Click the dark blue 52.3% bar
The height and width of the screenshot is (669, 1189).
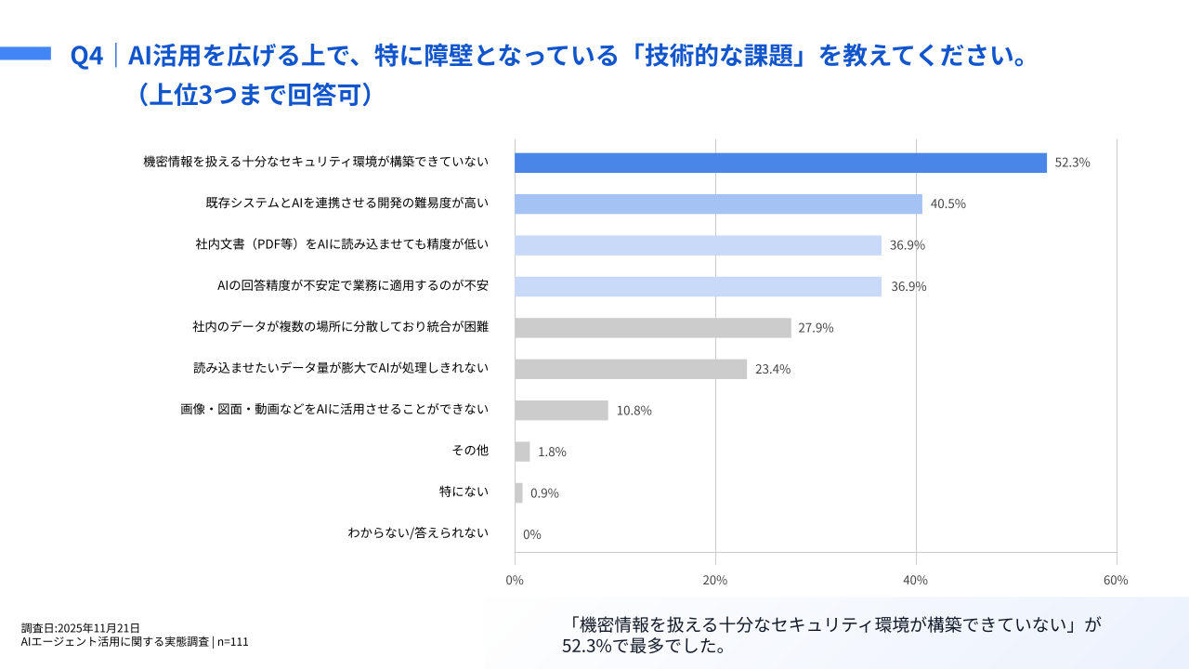click(780, 163)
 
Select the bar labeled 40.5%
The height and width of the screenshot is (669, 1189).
click(718, 204)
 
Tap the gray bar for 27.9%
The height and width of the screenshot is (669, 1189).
click(652, 328)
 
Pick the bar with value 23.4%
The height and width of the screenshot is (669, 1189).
click(631, 369)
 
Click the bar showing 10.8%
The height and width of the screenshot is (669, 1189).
click(561, 410)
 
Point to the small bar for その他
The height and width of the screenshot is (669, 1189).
click(522, 452)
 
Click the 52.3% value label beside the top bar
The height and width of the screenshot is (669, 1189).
click(1072, 163)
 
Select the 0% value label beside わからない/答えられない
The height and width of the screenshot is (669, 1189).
click(532, 534)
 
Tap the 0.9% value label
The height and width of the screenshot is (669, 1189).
click(544, 493)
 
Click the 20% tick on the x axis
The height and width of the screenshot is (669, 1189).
click(715, 580)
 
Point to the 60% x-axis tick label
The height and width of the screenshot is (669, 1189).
click(1116, 580)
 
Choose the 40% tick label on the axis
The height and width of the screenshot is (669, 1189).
click(916, 580)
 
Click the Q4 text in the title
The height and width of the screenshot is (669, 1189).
click(86, 56)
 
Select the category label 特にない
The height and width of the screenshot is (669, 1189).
click(464, 492)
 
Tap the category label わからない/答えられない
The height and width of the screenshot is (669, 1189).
click(418, 533)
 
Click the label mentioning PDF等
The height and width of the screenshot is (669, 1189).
click(342, 244)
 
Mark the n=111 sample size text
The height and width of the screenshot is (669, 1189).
click(233, 641)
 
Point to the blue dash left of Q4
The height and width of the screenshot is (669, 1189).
click(25, 54)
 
